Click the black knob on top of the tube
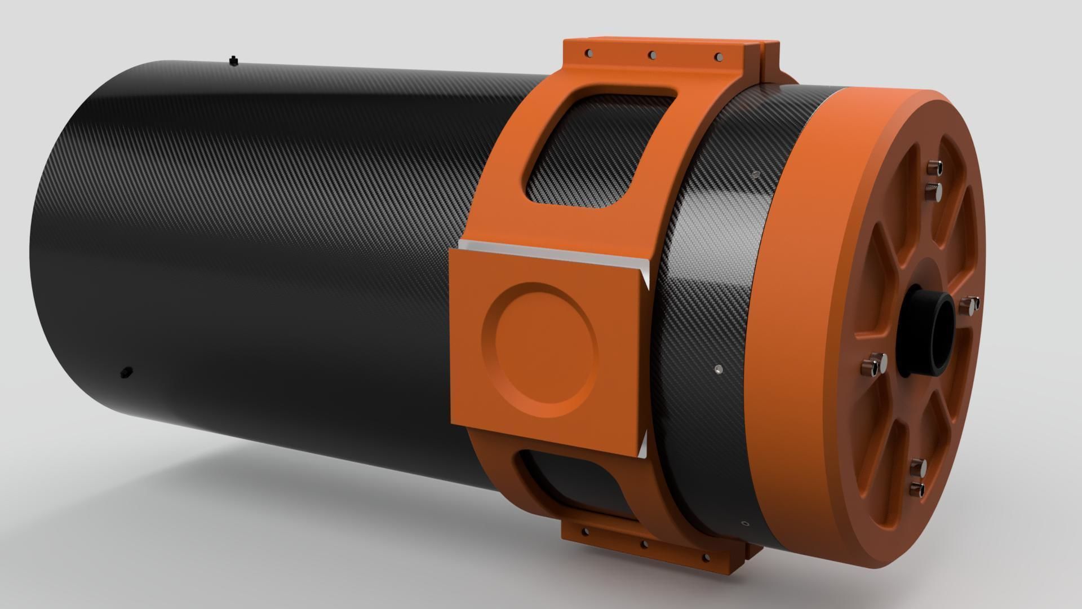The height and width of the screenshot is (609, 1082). coord(233,61)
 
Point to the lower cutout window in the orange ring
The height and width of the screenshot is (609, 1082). coord(575,482)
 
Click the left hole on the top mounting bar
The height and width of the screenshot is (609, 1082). coord(588,53)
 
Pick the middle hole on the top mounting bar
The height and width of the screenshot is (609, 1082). coord(652,55)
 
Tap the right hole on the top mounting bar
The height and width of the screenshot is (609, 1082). coord(718,57)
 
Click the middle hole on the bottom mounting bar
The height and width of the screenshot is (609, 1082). coord(644,545)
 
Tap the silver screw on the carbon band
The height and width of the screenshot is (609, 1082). coord(717,369)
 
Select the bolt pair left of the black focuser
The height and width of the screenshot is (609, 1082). coord(873,363)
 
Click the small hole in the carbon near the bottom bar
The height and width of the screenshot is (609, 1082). coord(745,523)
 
